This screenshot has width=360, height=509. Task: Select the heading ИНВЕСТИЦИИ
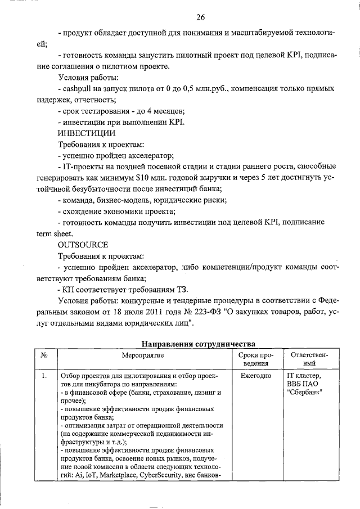click(x=87, y=133)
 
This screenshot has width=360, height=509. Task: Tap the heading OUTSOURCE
click(x=83, y=245)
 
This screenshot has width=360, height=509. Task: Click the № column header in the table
click(x=44, y=355)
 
